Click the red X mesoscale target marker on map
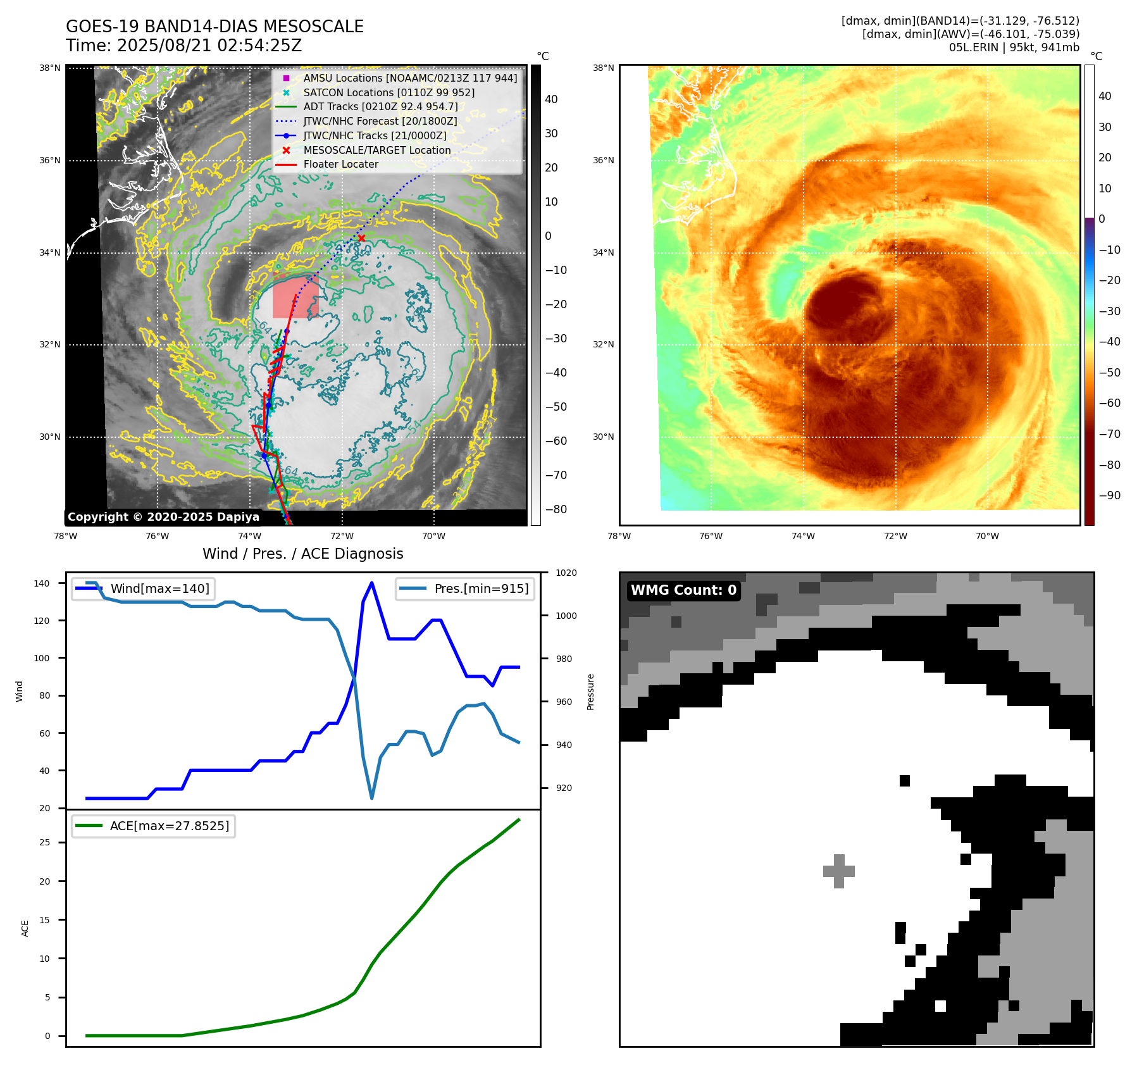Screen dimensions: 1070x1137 (x=361, y=238)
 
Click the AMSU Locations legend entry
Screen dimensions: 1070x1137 (x=409, y=78)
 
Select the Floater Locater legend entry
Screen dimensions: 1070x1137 (x=340, y=164)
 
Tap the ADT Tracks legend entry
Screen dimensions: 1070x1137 (x=380, y=106)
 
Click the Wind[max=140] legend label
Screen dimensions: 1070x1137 (x=159, y=588)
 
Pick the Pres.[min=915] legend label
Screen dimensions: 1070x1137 (x=481, y=588)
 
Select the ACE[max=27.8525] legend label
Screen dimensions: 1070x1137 (x=169, y=826)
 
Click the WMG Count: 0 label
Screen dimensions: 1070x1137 (x=683, y=590)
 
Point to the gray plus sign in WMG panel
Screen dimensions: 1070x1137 (x=839, y=871)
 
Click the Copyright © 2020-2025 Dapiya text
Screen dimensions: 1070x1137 (x=163, y=517)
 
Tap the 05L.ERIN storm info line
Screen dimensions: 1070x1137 (x=1014, y=47)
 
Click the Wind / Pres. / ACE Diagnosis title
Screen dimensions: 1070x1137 (x=302, y=554)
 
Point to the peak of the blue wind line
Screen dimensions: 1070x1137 (x=371, y=583)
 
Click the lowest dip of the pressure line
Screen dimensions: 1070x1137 (x=371, y=798)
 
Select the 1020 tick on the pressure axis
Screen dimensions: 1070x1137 (x=566, y=573)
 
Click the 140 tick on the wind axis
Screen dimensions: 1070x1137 (x=42, y=583)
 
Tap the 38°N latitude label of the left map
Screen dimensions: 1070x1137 (x=50, y=68)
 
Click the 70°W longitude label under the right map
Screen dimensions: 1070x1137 (x=987, y=536)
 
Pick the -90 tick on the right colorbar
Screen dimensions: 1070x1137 (x=1109, y=495)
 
